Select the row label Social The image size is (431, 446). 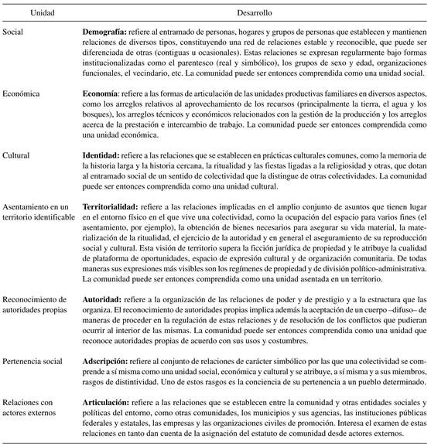click(x=15, y=34)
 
